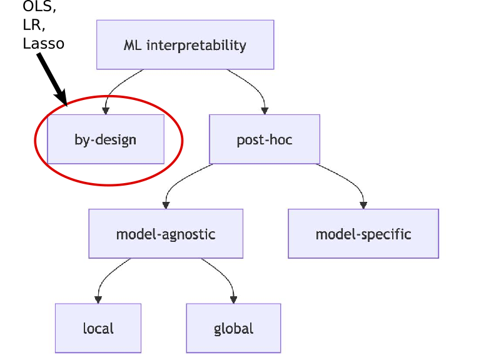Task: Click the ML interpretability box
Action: click(x=185, y=44)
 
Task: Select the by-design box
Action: click(x=105, y=139)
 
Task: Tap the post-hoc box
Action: click(x=264, y=139)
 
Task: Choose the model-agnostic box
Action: click(x=166, y=234)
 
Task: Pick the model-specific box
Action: click(x=363, y=234)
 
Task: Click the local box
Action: click(x=98, y=328)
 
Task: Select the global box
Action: click(x=233, y=328)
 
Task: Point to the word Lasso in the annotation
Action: click(x=43, y=43)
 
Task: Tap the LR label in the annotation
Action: click(x=33, y=26)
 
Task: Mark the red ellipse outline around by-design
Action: click(x=182, y=141)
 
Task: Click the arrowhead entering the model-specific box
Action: click(x=363, y=205)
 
